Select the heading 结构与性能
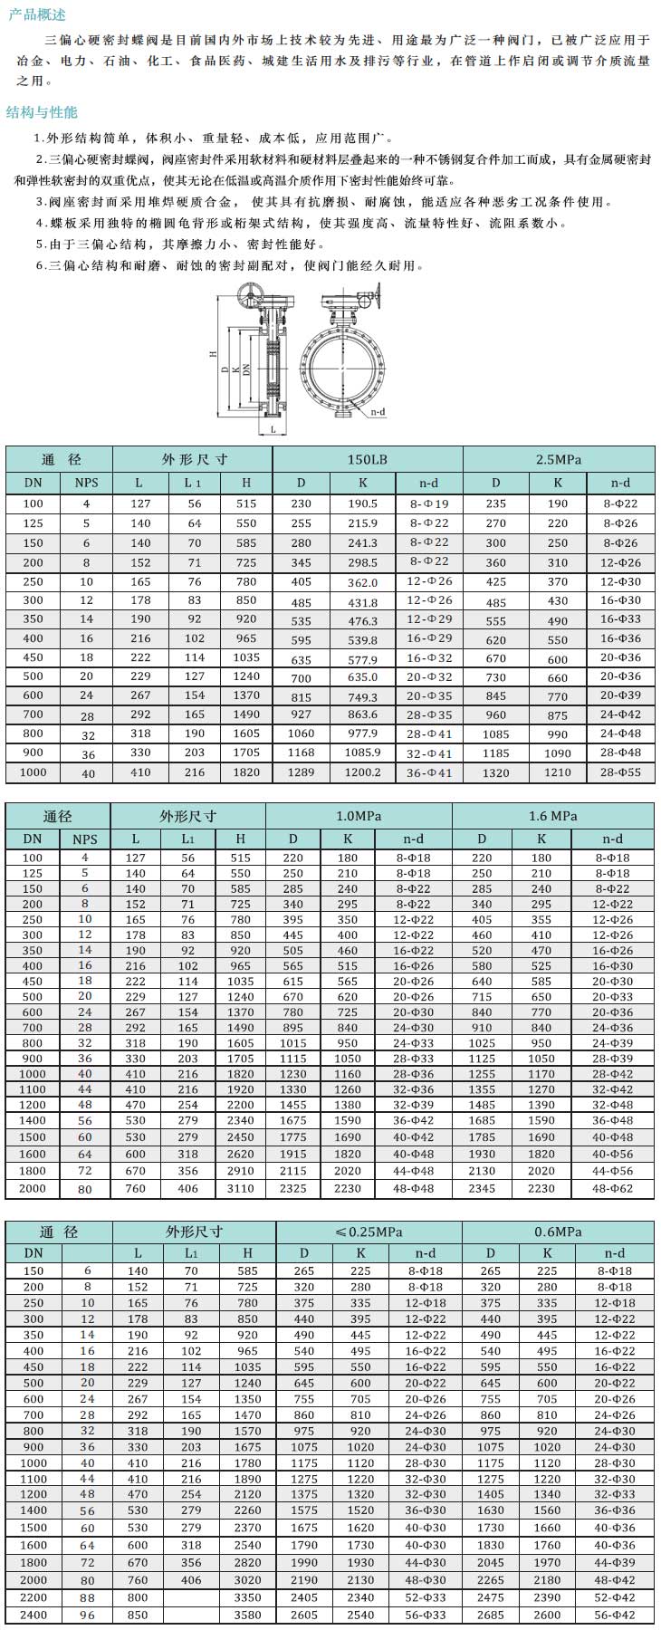point(42,112)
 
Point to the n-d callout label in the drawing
point(378,412)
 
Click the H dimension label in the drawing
point(214,355)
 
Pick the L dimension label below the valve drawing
point(273,431)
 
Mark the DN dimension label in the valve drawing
point(246,369)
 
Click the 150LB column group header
point(367,459)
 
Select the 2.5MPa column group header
point(558,459)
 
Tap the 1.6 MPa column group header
point(552,816)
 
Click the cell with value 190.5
point(362,503)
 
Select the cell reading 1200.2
point(362,772)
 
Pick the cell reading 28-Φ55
point(620,772)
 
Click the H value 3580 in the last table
point(247,1615)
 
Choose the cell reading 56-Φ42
point(615,1615)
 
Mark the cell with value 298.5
point(362,563)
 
